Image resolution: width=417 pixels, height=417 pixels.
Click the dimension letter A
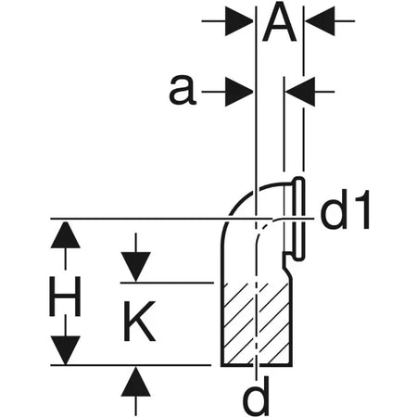[279, 21]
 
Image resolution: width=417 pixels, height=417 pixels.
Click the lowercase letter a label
[183, 91]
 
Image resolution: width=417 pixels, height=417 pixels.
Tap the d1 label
[345, 210]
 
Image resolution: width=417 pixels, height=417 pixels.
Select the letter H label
[65, 297]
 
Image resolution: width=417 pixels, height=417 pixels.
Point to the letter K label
[139, 322]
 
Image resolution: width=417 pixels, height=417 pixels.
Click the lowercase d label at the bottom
[256, 397]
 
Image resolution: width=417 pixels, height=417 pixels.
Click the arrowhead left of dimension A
[239, 21]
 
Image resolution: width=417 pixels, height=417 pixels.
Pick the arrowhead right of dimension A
[320, 21]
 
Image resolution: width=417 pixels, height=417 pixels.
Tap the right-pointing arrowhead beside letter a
[239, 92]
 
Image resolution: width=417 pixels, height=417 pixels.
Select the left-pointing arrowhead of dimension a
[300, 92]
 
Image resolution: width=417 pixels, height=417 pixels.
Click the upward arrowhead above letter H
[65, 234]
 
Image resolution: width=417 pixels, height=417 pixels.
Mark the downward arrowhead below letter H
[65, 350]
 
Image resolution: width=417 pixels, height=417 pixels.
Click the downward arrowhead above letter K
[136, 267]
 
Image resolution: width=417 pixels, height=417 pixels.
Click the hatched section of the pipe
[257, 323]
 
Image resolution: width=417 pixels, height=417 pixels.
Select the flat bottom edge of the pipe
[257, 365]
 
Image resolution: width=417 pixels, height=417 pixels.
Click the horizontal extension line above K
[167, 283]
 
